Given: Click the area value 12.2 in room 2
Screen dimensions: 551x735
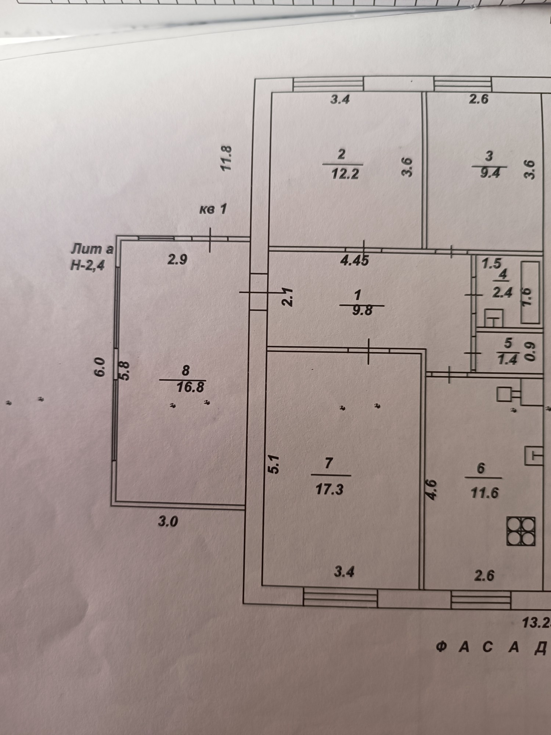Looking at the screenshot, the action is pyautogui.click(x=345, y=173).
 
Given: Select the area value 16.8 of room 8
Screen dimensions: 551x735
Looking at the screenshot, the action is pyautogui.click(x=190, y=387).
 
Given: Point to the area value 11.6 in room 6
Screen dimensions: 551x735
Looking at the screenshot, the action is pyautogui.click(x=485, y=492).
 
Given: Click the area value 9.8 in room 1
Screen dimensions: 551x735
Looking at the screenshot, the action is pyautogui.click(x=362, y=311).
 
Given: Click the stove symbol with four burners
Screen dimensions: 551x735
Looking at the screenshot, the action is pyautogui.click(x=521, y=531).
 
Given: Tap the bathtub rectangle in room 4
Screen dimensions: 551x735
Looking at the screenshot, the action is pyautogui.click(x=531, y=293).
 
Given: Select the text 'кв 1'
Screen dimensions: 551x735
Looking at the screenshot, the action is pyautogui.click(x=213, y=209).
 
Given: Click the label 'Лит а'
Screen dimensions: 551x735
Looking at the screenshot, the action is pyautogui.click(x=92, y=249).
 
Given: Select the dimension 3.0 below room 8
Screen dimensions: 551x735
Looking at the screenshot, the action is pyautogui.click(x=168, y=521).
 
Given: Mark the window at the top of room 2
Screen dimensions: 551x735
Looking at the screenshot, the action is pyautogui.click(x=328, y=84).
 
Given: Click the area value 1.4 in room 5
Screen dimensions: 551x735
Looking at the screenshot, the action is pyautogui.click(x=507, y=360).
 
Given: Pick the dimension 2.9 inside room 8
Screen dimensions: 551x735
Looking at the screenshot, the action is pyautogui.click(x=177, y=260).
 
